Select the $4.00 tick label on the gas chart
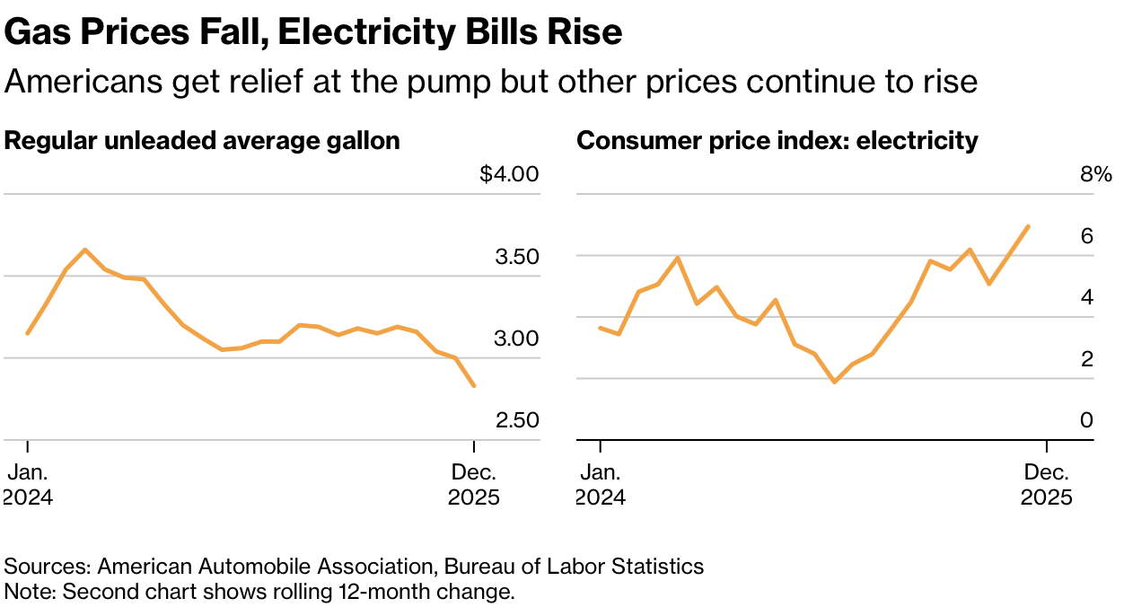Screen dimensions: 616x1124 click(x=509, y=174)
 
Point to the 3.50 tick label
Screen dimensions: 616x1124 click(x=516, y=257)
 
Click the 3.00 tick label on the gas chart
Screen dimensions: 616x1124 click(x=516, y=339)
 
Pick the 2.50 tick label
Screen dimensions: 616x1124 click(x=516, y=420)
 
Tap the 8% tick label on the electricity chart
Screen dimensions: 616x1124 click(x=1095, y=174)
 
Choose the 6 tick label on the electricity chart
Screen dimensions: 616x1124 click(x=1086, y=236)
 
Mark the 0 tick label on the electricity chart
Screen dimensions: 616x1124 click(x=1086, y=420)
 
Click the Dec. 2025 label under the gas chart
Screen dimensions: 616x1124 click(x=474, y=485)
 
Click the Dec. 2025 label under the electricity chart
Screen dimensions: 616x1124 click(x=1047, y=485)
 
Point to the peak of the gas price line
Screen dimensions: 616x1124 click(x=85, y=250)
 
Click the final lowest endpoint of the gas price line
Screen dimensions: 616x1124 click(x=474, y=386)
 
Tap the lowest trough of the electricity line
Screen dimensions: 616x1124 click(x=835, y=382)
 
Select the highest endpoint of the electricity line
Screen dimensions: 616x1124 click(x=1028, y=226)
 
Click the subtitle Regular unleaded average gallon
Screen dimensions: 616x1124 click(x=202, y=141)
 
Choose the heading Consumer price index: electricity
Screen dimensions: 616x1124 click(x=777, y=141)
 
